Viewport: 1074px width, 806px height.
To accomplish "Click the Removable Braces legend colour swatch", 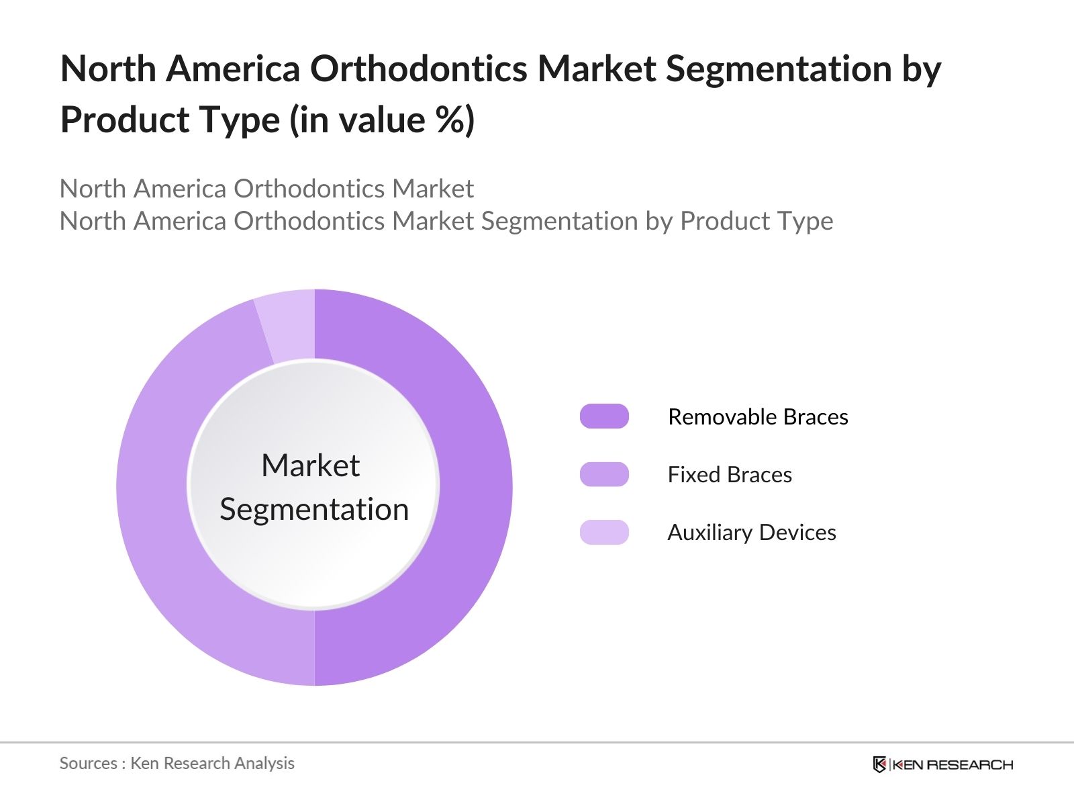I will pos(604,416).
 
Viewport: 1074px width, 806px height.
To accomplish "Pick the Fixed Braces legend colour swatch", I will pos(604,474).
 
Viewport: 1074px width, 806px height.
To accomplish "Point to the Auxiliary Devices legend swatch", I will pos(604,532).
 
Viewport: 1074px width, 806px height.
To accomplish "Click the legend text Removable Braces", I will pos(758,417).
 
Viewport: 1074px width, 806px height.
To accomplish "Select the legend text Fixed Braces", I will pos(730,475).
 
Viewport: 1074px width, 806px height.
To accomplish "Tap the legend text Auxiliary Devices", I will pos(751,533).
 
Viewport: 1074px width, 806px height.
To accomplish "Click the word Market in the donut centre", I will pos(310,465).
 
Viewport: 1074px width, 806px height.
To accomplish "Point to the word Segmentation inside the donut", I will pos(314,509).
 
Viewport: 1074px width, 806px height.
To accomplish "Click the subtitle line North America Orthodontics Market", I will pos(266,189).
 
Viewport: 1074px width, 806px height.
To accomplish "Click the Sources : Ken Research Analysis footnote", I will pos(177,763).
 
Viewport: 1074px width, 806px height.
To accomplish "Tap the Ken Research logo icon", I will pos(879,764).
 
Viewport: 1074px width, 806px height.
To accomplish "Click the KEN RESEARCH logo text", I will pos(953,764).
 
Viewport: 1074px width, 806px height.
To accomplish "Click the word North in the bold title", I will pos(107,69).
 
